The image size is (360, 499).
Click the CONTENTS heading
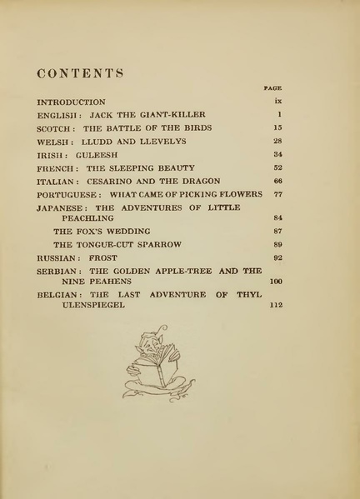pyautogui.click(x=81, y=73)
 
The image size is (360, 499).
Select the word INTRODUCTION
pyautogui.click(x=71, y=102)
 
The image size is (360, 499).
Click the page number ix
pyautogui.click(x=278, y=102)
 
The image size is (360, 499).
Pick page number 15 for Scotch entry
pyautogui.click(x=277, y=127)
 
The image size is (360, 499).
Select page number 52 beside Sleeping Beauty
pyautogui.click(x=277, y=167)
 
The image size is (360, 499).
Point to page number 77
pyautogui.click(x=277, y=194)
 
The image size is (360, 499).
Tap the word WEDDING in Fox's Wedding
pyautogui.click(x=124, y=231)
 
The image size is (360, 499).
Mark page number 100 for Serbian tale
pyautogui.click(x=276, y=282)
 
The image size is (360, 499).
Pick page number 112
pyautogui.click(x=276, y=305)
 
